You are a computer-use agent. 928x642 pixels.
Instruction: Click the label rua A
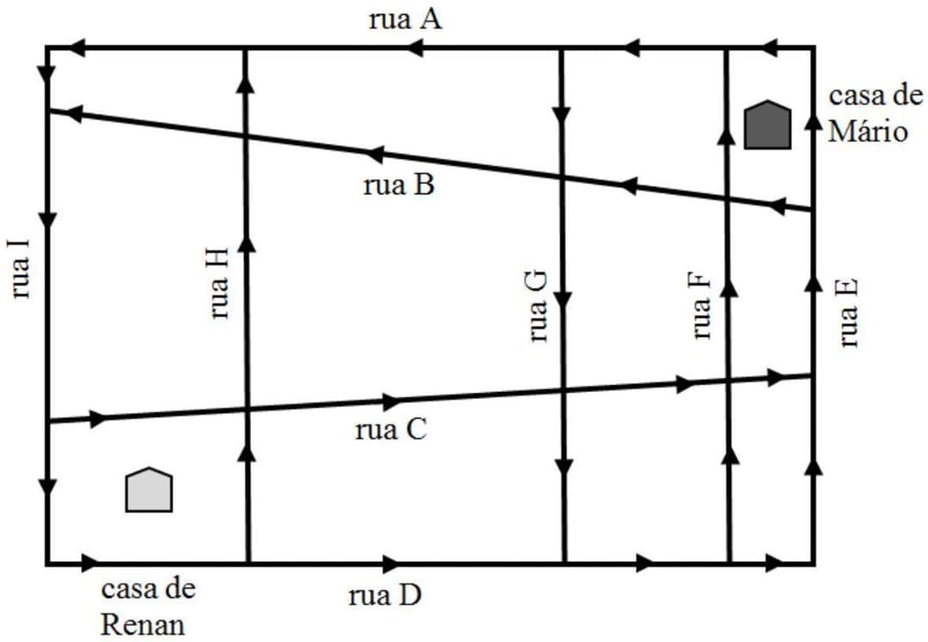pos(405,20)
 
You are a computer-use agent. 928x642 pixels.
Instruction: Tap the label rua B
pos(400,185)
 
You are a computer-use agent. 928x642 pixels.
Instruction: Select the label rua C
pos(390,431)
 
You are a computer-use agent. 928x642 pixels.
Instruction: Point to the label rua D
pos(385,595)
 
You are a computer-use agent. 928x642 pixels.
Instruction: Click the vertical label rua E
pos(848,313)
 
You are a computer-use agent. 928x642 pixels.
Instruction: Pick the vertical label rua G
pos(537,306)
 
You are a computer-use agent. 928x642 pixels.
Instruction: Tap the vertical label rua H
pos(219,284)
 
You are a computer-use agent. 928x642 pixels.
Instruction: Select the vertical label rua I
pos(21,268)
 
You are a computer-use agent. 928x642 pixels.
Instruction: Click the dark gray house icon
pos(766,125)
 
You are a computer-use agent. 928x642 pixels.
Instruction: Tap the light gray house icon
pos(150,491)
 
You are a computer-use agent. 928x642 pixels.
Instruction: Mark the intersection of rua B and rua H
pos(246,136)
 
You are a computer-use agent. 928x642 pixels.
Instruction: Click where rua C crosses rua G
pos(563,390)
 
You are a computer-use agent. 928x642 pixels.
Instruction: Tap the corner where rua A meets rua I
pos(47,47)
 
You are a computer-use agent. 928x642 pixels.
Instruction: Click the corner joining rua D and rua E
pos(813,564)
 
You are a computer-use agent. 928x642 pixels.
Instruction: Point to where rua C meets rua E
pos(813,376)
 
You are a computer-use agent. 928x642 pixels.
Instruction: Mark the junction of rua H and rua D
pos(247,564)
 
